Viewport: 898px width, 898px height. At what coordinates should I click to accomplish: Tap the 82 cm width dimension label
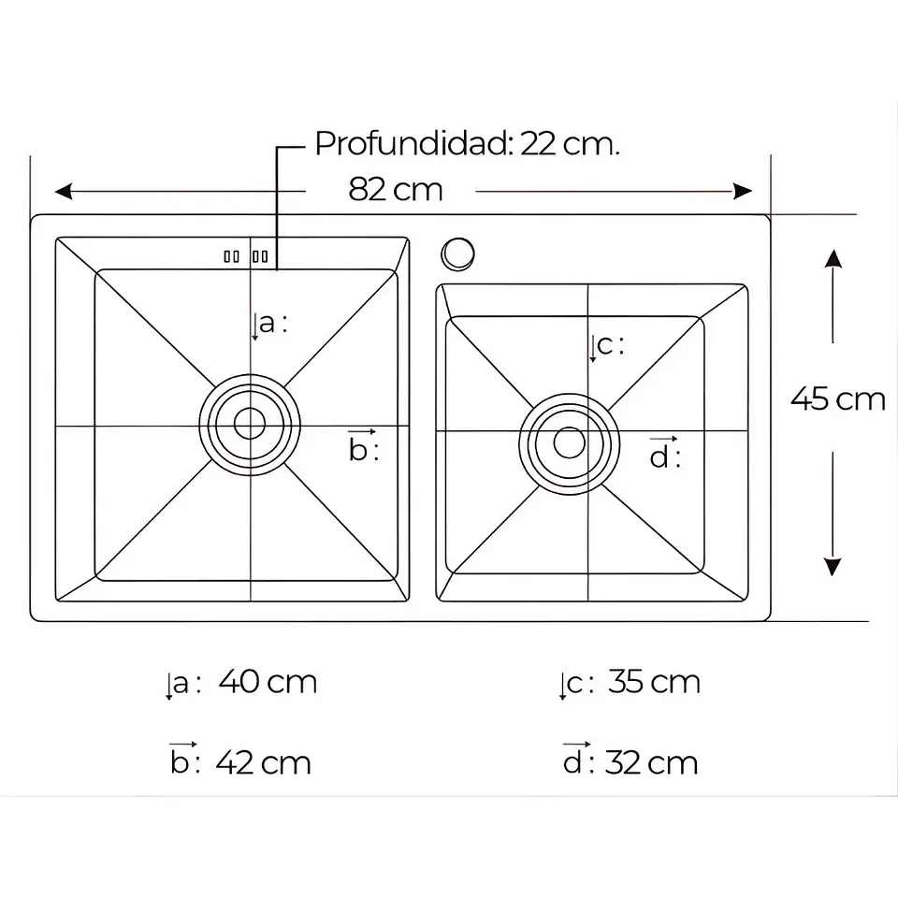[x=396, y=190]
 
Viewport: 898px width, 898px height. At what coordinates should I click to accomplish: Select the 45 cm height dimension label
[x=838, y=398]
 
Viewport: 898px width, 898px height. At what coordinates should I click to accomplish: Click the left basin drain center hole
[x=250, y=424]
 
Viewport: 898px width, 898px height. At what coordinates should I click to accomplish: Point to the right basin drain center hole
[x=570, y=442]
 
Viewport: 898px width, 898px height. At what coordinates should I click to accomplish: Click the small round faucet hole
[x=457, y=253]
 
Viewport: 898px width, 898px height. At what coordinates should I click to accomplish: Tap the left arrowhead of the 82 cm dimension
[x=64, y=191]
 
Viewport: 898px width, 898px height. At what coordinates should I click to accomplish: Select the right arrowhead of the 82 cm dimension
[x=743, y=191]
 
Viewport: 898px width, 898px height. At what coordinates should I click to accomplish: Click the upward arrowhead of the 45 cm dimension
[x=833, y=258]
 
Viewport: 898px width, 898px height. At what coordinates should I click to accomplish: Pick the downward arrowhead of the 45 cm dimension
[x=833, y=567]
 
